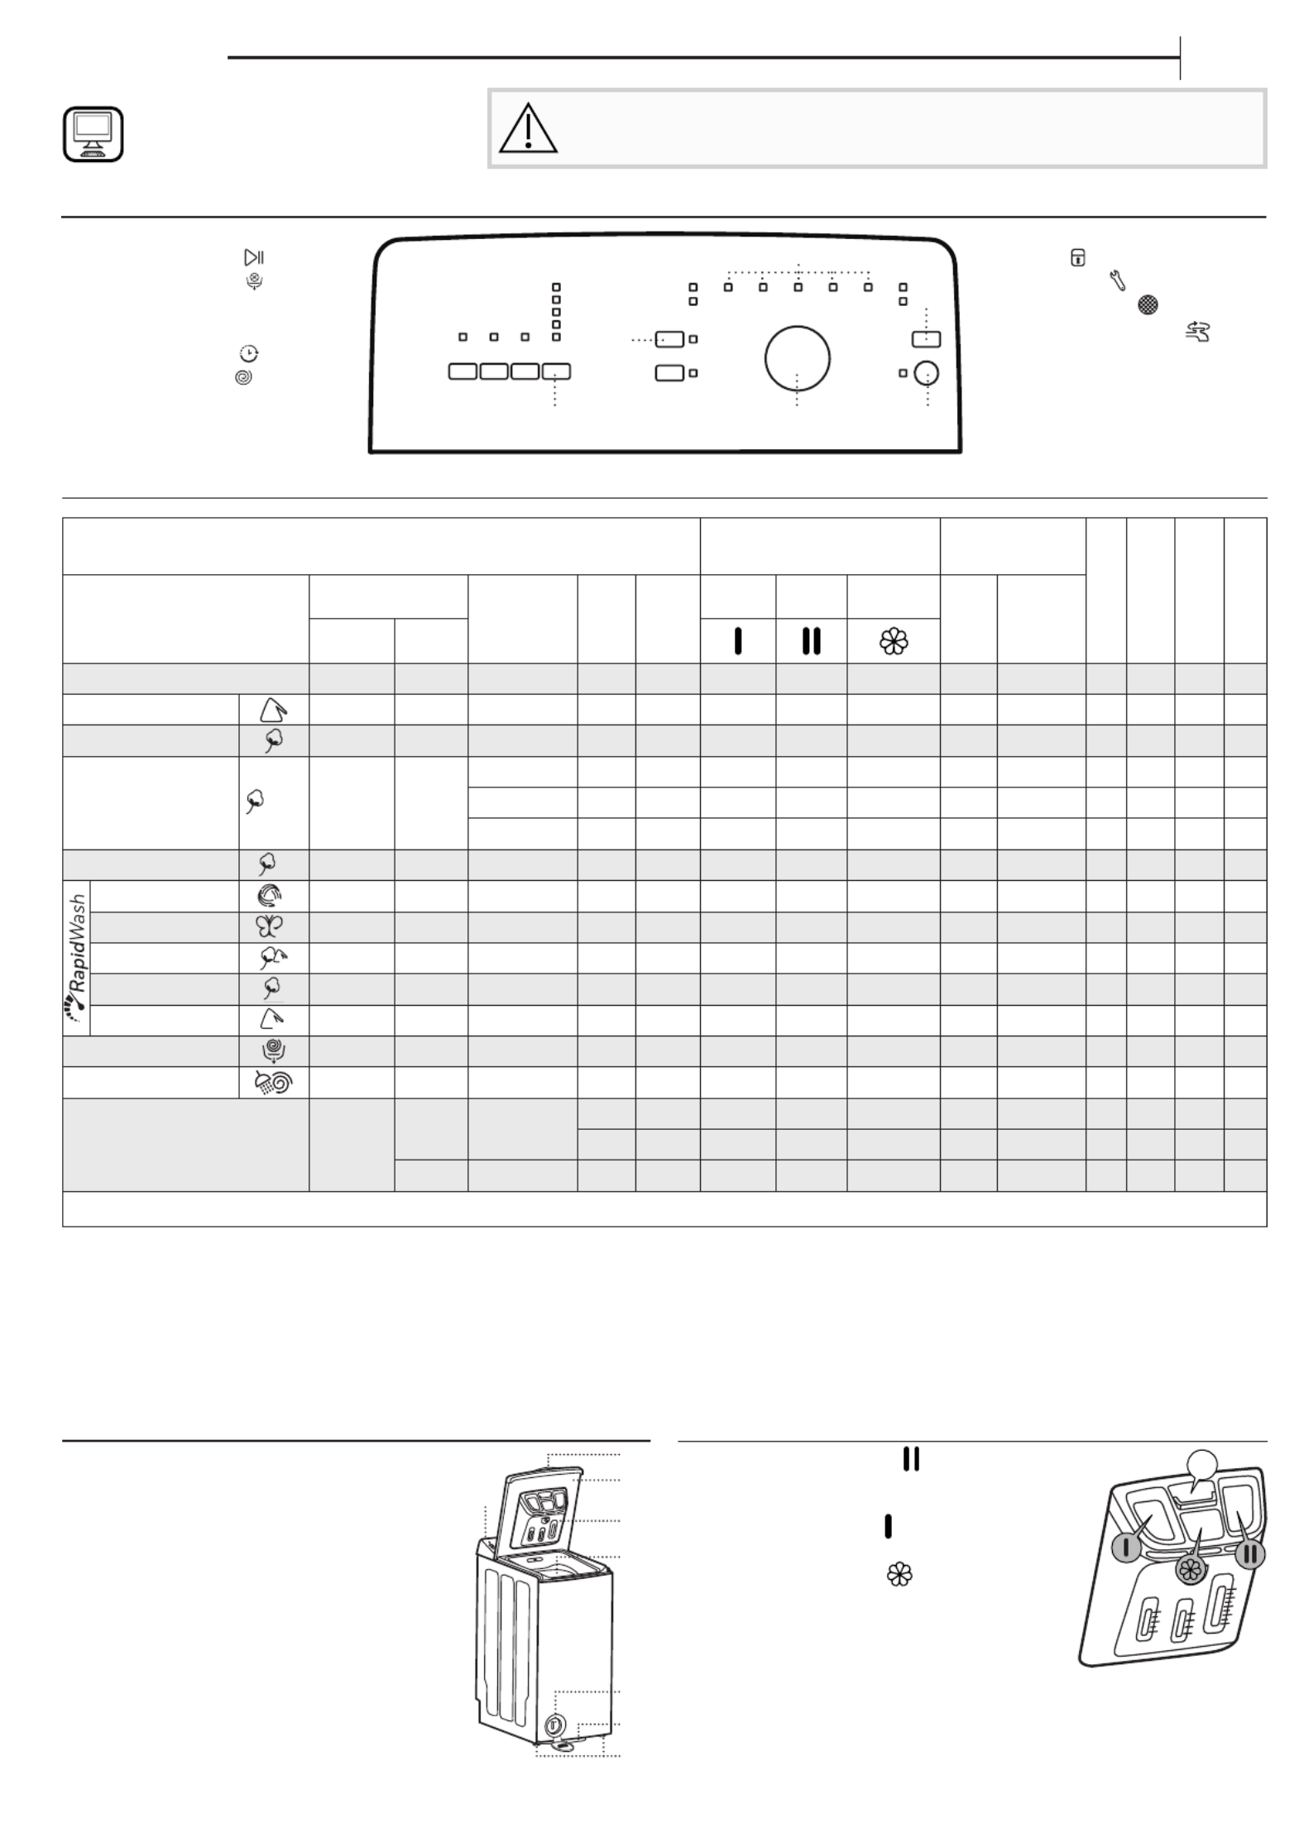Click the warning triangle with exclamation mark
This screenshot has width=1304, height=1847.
tap(528, 128)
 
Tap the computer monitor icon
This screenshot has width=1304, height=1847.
tap(93, 134)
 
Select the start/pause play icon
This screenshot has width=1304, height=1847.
tap(254, 257)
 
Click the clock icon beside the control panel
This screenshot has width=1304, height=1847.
tap(248, 354)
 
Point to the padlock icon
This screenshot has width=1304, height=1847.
tap(1077, 257)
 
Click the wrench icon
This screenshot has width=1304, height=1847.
tap(1117, 281)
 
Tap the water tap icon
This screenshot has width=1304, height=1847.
tap(1197, 332)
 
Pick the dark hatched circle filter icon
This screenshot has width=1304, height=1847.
tap(1147, 305)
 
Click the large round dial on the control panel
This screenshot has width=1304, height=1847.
tap(797, 357)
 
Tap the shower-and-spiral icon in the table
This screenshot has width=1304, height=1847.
tap(273, 1083)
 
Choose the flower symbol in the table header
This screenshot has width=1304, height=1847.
tap(894, 641)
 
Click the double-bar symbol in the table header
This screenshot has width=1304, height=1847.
tap(811, 641)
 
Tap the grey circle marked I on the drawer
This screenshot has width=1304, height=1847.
tap(1127, 1548)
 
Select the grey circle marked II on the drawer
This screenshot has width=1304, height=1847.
tap(1250, 1554)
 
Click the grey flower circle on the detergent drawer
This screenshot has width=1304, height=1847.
tap(1191, 1570)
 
